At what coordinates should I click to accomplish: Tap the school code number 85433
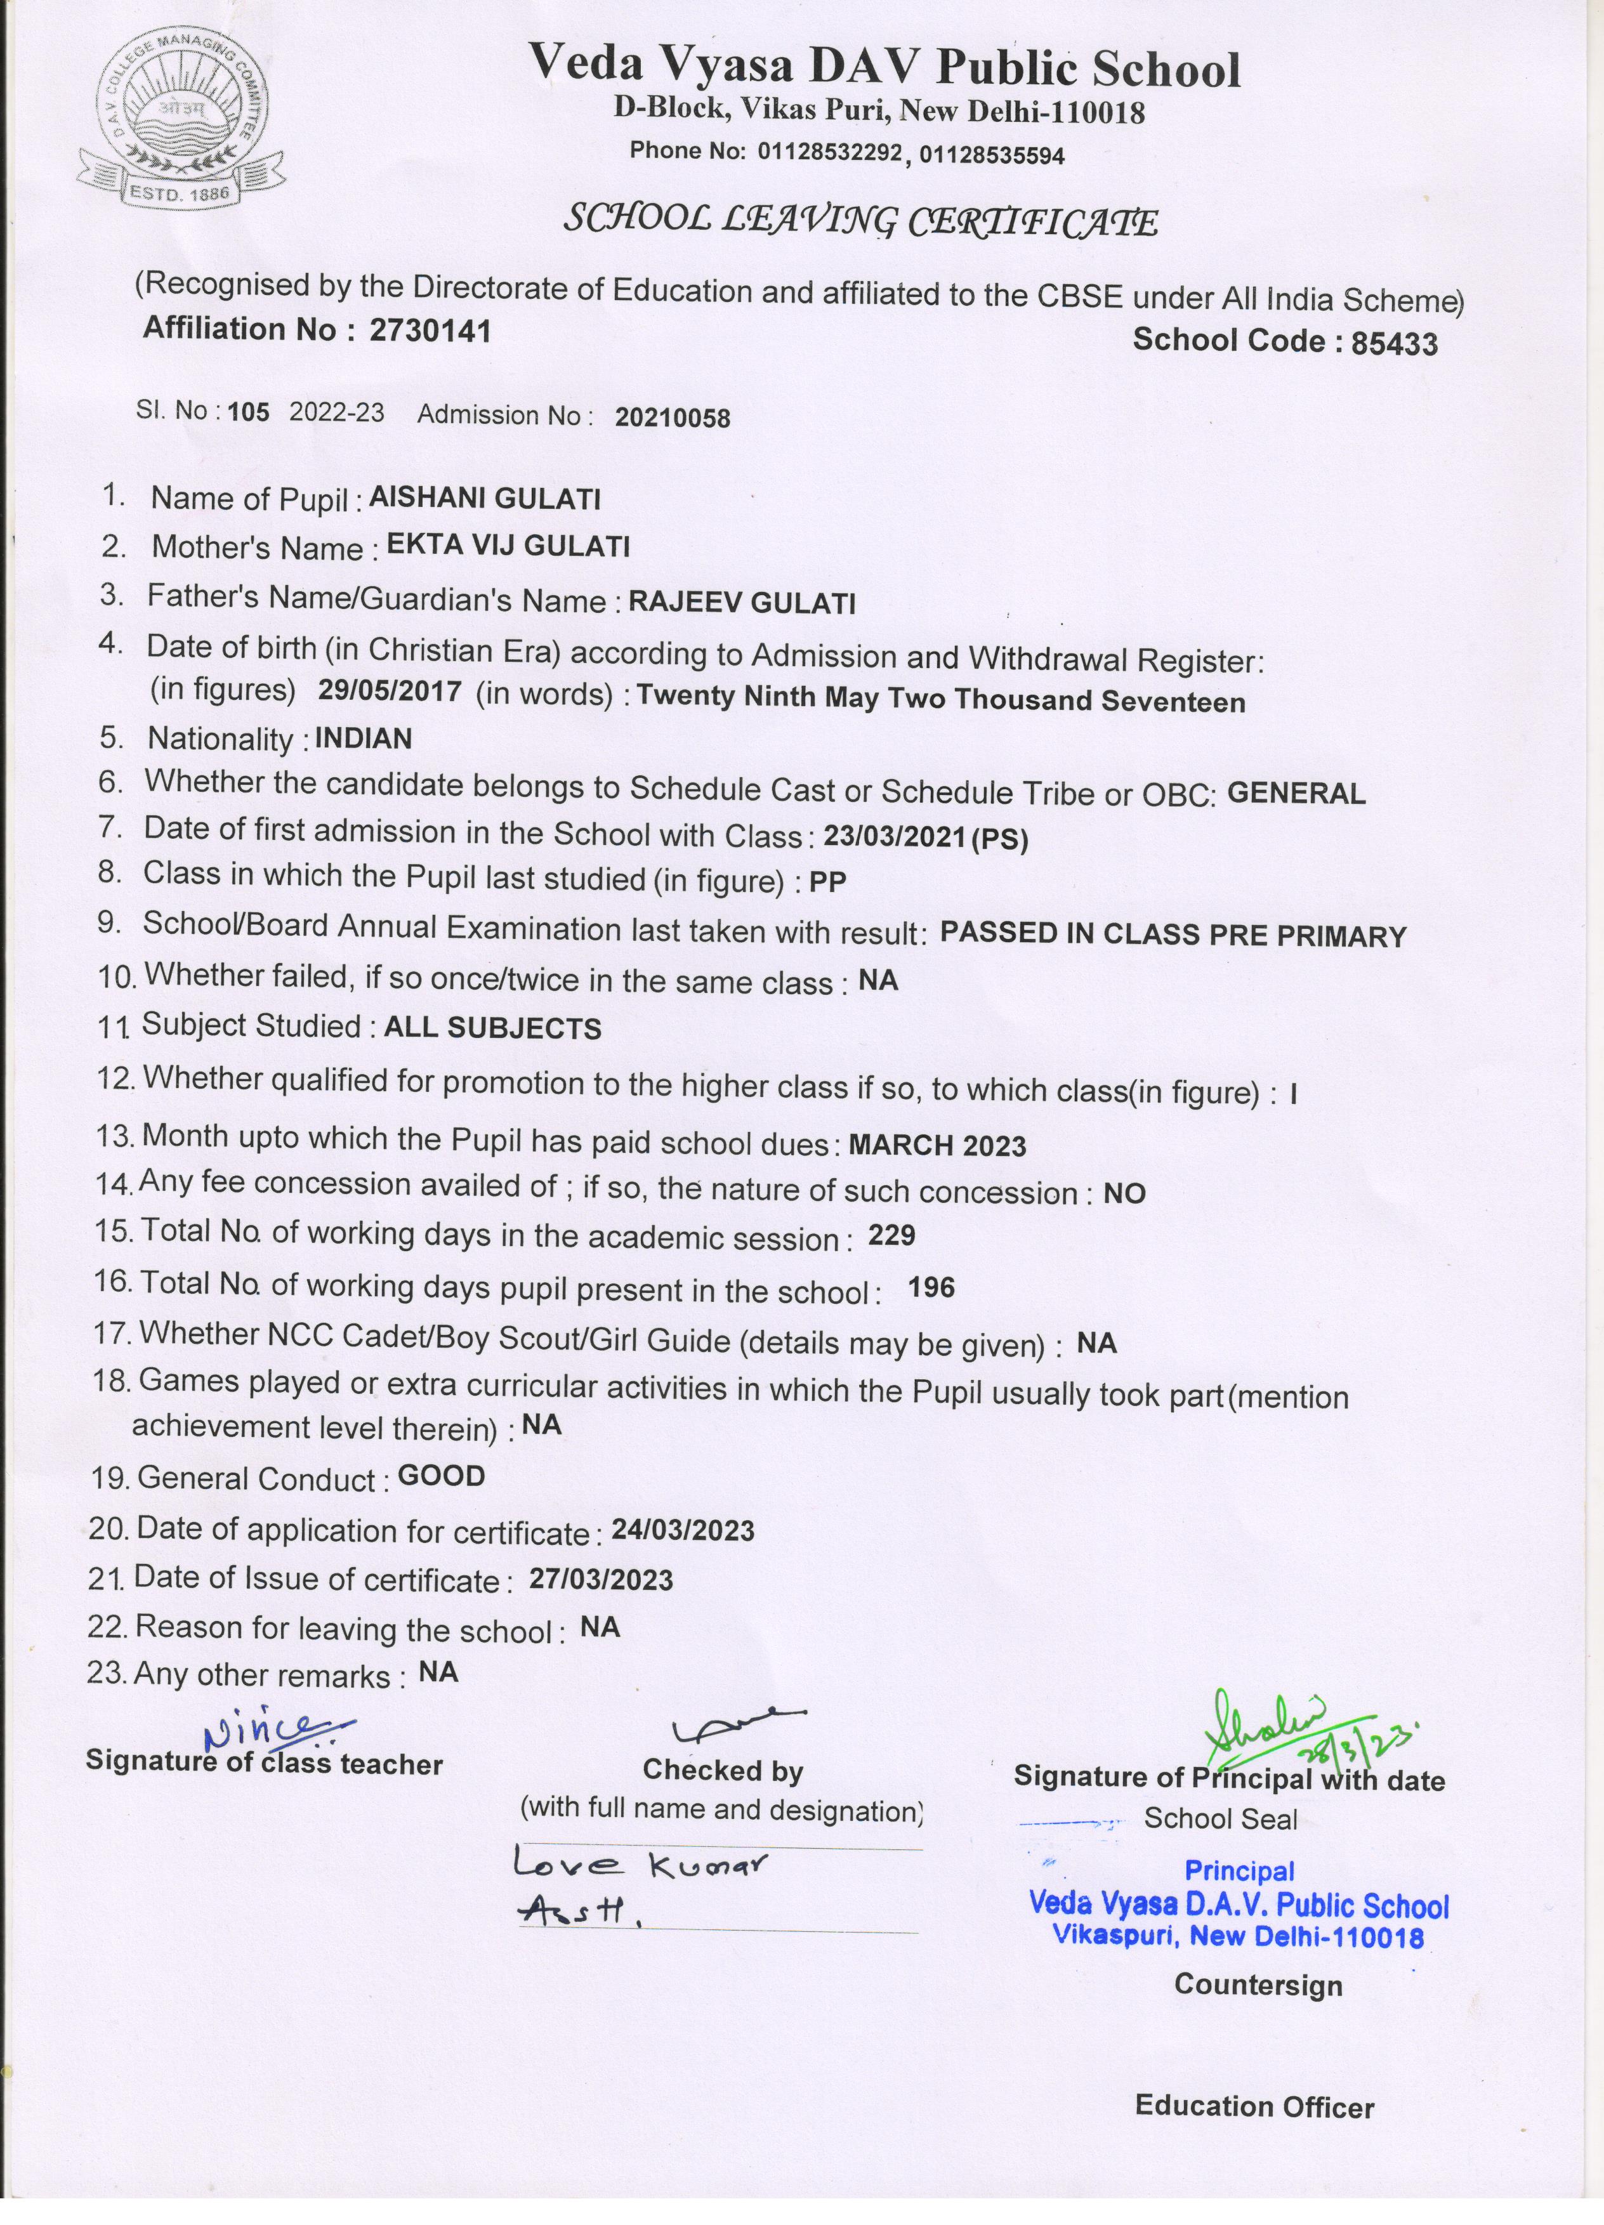[x=1393, y=343]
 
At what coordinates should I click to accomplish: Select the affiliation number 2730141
[x=430, y=331]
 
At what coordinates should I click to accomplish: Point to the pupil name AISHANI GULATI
[x=485, y=499]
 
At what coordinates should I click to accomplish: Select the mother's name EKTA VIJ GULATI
[x=508, y=546]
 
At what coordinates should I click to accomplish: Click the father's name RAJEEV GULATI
[x=742, y=602]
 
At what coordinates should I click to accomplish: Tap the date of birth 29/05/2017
[x=390, y=691]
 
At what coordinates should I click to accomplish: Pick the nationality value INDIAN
[x=363, y=738]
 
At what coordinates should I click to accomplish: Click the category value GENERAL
[x=1296, y=792]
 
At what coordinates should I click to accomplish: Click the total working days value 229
[x=891, y=1235]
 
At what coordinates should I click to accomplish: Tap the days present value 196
[x=931, y=1287]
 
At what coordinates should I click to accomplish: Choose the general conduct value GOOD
[x=442, y=1476]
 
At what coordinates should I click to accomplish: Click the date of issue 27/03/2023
[x=600, y=1580]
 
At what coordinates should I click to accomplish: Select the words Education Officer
[x=1254, y=2106]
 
